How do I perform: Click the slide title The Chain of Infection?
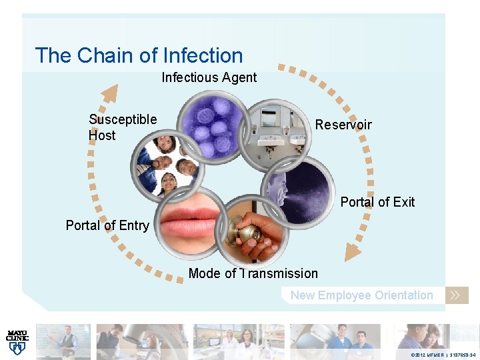(139, 55)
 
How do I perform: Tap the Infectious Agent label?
(209, 77)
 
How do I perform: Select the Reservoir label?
(343, 125)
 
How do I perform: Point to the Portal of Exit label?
(377, 202)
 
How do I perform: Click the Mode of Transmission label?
(253, 273)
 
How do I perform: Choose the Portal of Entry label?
(107, 225)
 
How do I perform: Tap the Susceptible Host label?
(122, 127)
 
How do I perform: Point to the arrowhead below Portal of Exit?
(351, 251)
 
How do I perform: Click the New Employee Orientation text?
(361, 295)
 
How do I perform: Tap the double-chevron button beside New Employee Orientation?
(457, 295)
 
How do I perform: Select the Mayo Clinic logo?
(17, 340)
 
